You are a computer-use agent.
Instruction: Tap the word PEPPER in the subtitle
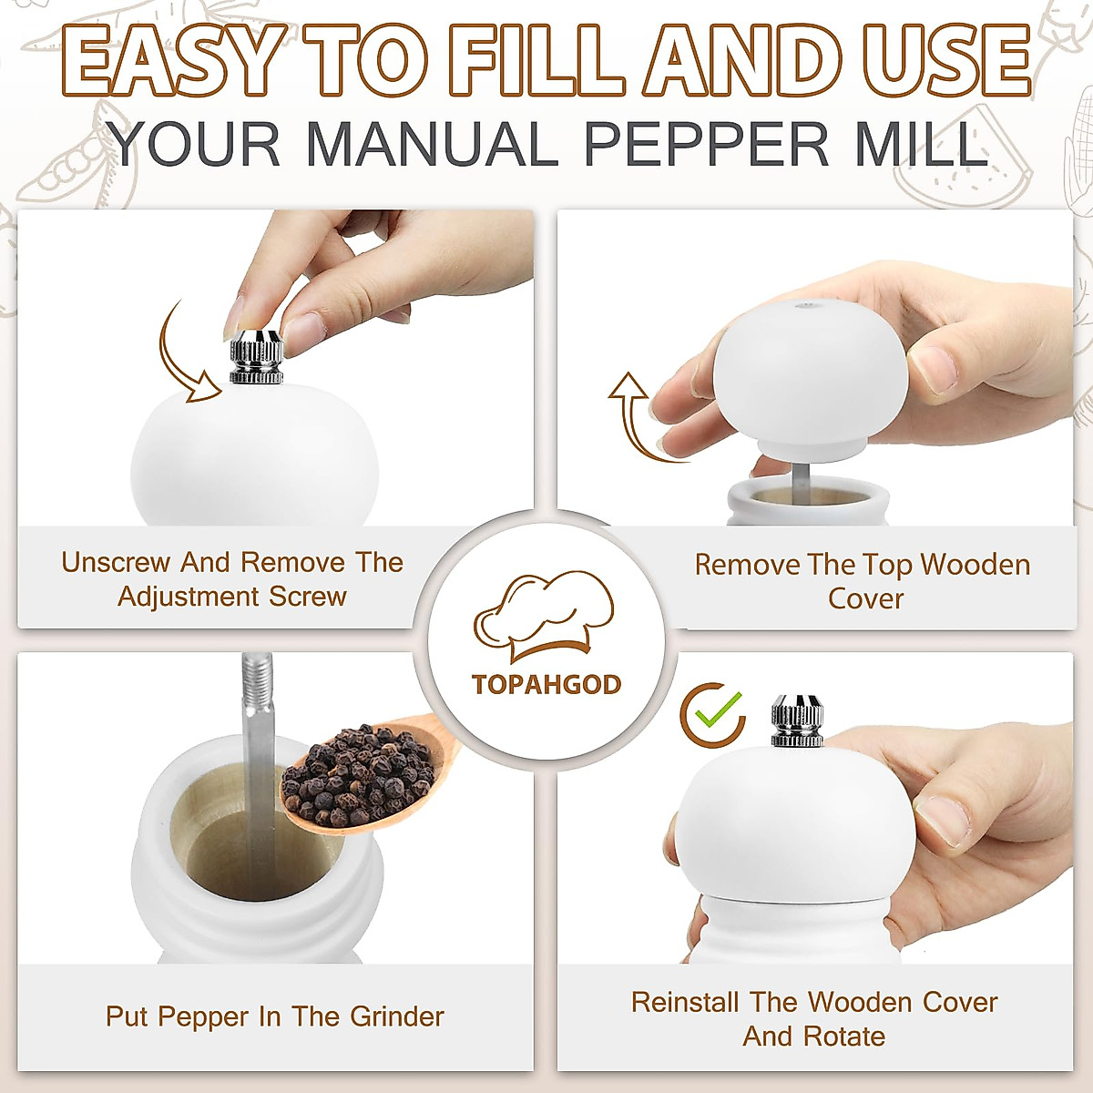tap(706, 144)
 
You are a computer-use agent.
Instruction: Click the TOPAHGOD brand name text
tap(546, 684)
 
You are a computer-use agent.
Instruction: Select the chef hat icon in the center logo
tap(544, 616)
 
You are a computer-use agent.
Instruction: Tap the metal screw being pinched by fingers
tap(256, 356)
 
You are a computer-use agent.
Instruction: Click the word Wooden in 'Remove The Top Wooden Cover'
tap(975, 565)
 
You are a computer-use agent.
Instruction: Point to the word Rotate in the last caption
tap(843, 1037)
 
